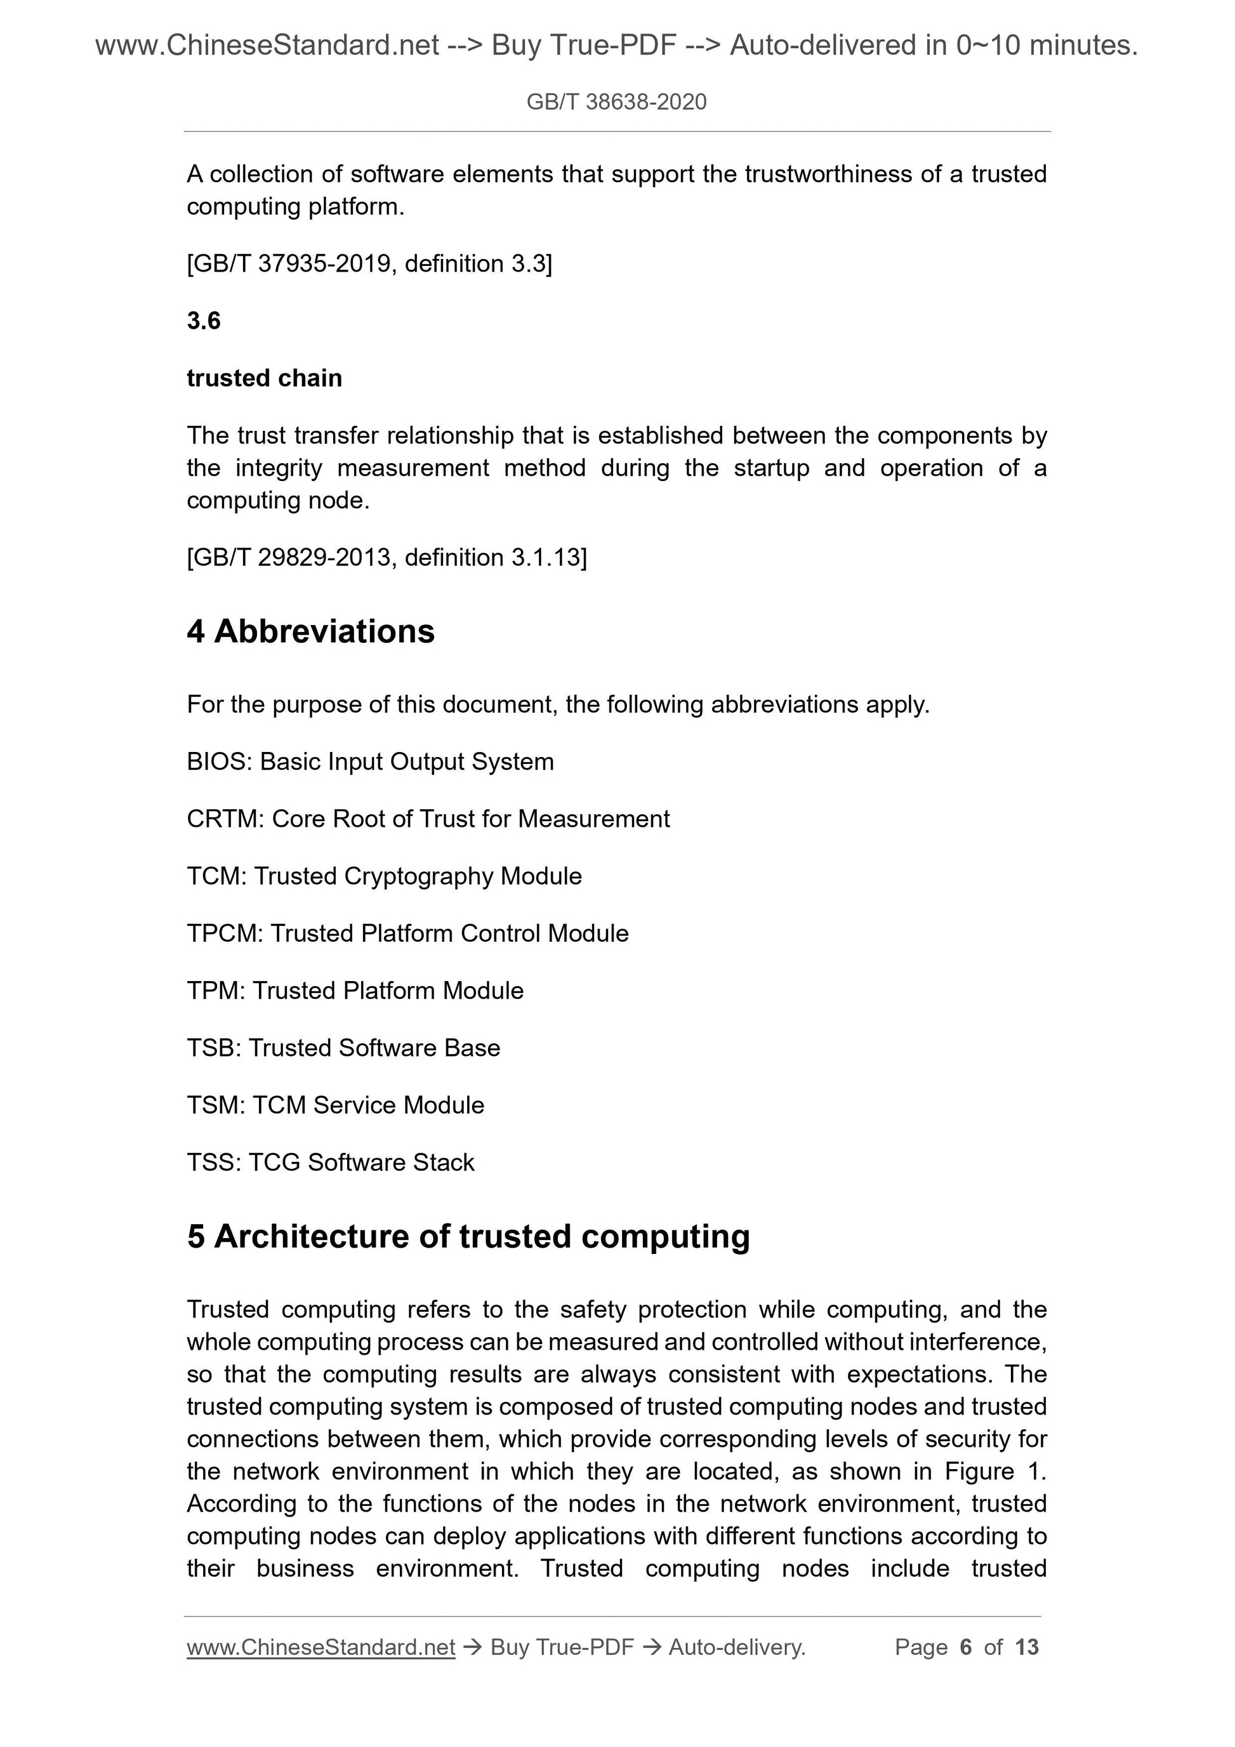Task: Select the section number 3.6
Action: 203,320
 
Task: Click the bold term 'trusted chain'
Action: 264,378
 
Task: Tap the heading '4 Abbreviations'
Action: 310,631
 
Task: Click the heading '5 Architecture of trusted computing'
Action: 468,1236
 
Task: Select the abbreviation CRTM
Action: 224,819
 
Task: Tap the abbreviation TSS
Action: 213,1162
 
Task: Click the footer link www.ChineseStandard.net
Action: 320,1647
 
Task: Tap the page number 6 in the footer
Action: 966,1647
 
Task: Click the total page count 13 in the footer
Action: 1026,1647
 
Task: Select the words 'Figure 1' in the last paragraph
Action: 994,1471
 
